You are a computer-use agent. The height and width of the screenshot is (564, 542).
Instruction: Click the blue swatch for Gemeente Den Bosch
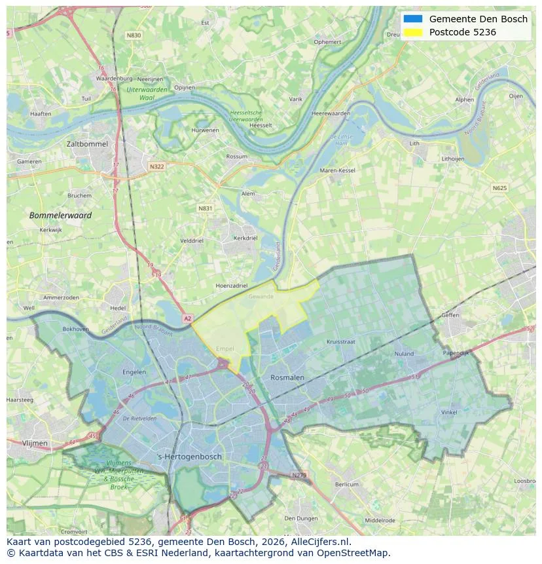tap(413, 19)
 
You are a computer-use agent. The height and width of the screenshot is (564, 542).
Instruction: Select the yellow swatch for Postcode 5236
tap(413, 32)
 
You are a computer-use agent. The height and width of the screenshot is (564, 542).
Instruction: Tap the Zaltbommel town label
tap(87, 143)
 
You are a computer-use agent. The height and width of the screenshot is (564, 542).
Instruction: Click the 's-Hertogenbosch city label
tap(190, 457)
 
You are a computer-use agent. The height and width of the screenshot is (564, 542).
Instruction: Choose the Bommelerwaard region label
tap(60, 215)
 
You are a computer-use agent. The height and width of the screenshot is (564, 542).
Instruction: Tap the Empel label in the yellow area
tap(225, 349)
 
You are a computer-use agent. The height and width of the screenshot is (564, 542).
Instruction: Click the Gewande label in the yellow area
tap(261, 296)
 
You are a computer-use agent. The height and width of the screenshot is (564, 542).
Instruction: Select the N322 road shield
tap(156, 166)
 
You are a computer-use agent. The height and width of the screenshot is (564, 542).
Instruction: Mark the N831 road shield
tap(206, 208)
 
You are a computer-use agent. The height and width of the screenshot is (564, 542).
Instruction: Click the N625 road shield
tap(499, 188)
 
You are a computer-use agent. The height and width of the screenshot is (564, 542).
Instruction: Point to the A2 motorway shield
tap(188, 318)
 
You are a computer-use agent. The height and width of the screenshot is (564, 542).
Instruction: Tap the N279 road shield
tap(299, 475)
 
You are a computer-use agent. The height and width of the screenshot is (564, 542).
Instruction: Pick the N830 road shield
tap(134, 35)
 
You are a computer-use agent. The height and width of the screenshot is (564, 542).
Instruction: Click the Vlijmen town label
tap(35, 443)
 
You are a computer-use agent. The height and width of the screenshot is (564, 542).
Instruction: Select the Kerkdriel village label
tap(245, 238)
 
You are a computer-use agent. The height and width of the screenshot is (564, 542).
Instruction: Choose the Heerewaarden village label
tap(331, 113)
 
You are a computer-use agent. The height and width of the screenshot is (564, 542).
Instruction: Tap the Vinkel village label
tap(449, 413)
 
